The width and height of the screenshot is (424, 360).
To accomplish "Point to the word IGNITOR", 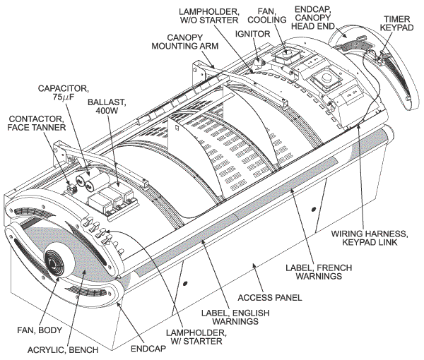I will tap(247, 33).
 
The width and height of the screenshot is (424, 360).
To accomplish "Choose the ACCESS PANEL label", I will tap(279, 297).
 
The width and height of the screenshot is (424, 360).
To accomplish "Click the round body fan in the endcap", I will tap(56, 267).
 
